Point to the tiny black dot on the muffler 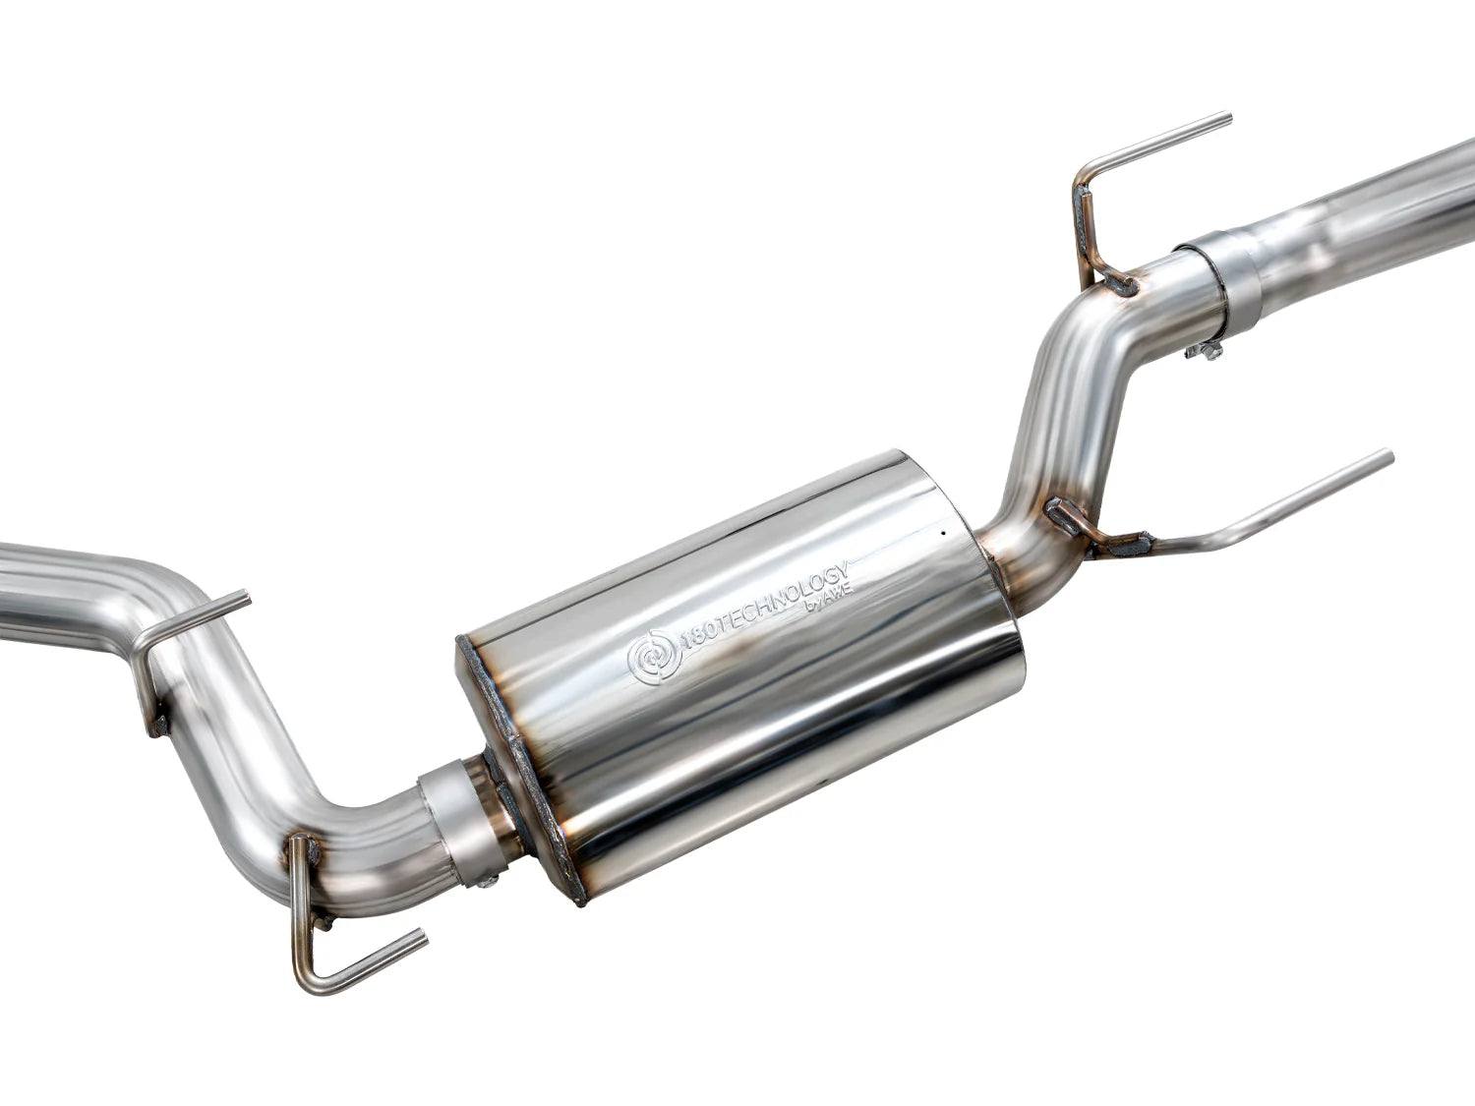941,535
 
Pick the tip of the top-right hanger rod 1228,119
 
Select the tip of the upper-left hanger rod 246,597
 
